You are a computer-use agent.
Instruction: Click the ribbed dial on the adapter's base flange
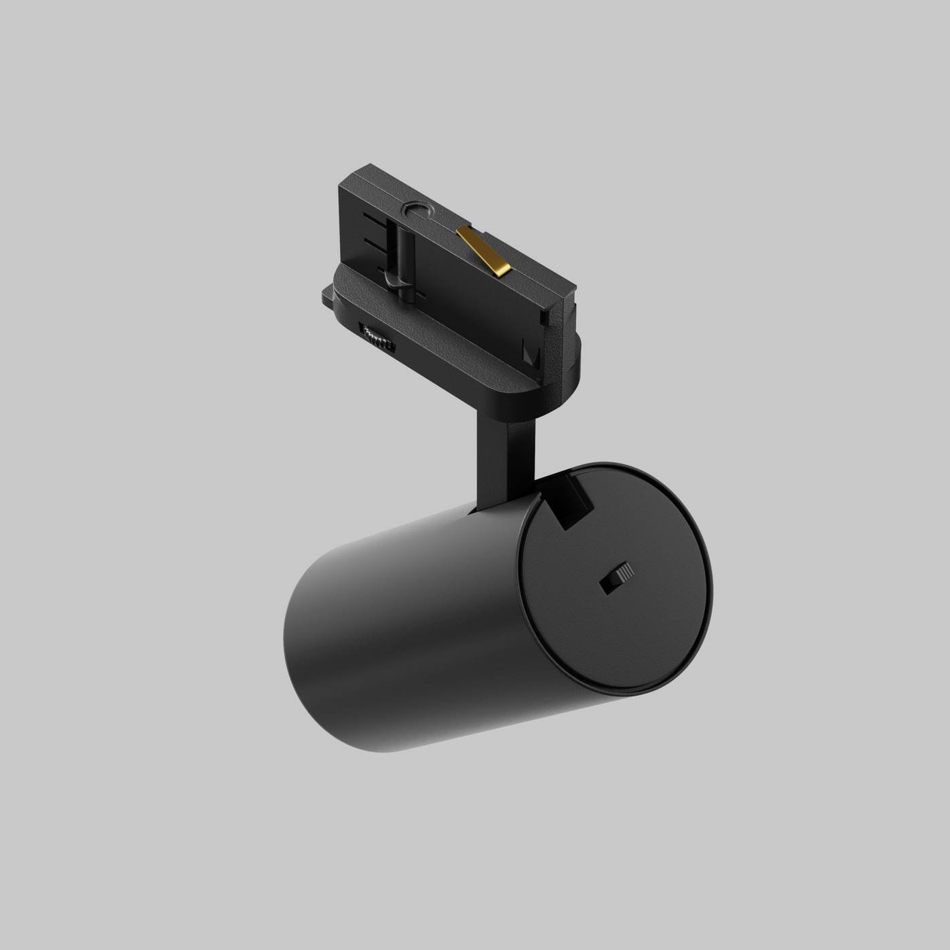click(377, 337)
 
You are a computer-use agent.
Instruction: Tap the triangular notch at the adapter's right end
click(532, 353)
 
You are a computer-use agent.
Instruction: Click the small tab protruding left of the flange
click(326, 297)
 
